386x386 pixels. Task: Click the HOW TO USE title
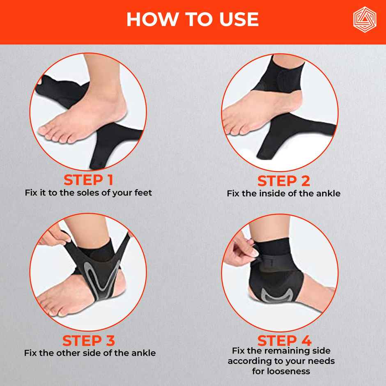point(193,19)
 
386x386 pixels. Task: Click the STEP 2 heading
point(283,181)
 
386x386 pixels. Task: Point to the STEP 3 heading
point(88,340)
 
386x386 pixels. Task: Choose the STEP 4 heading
point(284,340)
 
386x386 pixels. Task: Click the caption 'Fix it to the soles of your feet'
point(88,192)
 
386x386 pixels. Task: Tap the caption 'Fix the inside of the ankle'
point(283,193)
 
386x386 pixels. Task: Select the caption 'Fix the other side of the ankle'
point(90,353)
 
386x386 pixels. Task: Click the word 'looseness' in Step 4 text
point(281,371)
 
